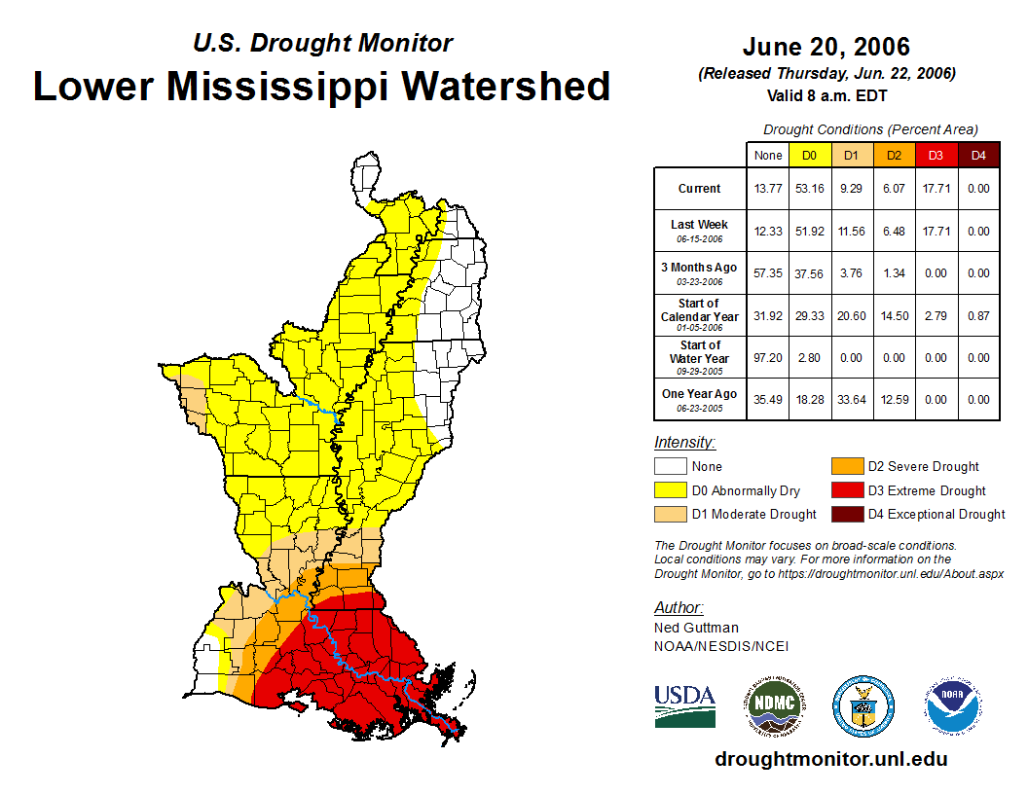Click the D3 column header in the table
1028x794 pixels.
tap(936, 155)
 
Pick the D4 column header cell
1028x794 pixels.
tap(978, 155)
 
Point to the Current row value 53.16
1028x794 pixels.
tap(810, 189)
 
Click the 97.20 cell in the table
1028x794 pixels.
tap(768, 357)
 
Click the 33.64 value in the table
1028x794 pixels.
tap(852, 399)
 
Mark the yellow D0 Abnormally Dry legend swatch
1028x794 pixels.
tap(671, 490)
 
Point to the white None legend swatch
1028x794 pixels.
tap(671, 466)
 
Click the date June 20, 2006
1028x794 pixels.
tap(826, 47)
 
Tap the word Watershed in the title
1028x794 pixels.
tap(505, 86)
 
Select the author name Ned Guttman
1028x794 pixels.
tap(696, 628)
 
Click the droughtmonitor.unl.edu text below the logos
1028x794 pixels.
tap(830, 759)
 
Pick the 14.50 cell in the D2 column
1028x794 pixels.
tap(894, 315)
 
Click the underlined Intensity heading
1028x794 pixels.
tap(684, 442)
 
